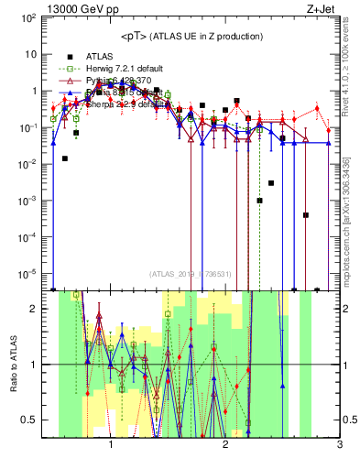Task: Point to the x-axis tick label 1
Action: pyautogui.click(x=111, y=449)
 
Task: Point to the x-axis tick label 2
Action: pyautogui.click(x=225, y=449)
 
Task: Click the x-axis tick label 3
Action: pyautogui.click(x=339, y=449)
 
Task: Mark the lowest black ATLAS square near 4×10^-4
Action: pyautogui.click(x=305, y=215)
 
